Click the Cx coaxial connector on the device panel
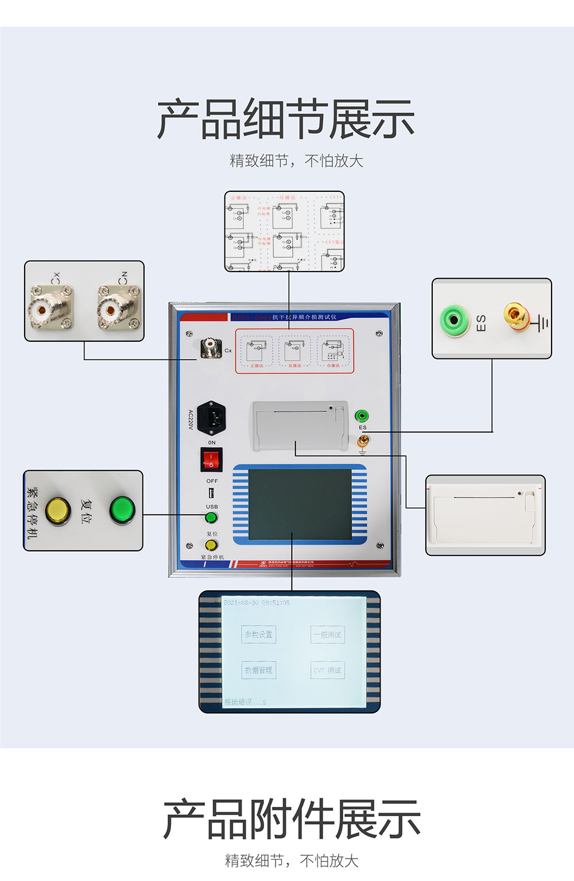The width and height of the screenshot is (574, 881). pos(211,348)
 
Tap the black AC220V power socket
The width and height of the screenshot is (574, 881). pos(211,418)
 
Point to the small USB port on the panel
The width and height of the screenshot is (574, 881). pos(211,493)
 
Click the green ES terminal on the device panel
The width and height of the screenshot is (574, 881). pos(362,416)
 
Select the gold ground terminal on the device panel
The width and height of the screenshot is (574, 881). pos(362,441)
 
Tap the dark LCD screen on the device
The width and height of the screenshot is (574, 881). pos(300,504)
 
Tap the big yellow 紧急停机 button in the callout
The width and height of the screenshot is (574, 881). pos(57,510)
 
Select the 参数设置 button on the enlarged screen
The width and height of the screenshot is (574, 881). pos(258,635)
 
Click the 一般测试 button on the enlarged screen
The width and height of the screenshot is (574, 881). pos(328,635)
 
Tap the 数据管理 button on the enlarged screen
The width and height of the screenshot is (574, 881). pos(258,670)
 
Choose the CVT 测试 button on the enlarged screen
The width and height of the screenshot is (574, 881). pos(328,670)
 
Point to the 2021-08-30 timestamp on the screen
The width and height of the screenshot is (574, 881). pos(257,603)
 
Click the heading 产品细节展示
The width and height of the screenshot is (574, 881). pos(286,119)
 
